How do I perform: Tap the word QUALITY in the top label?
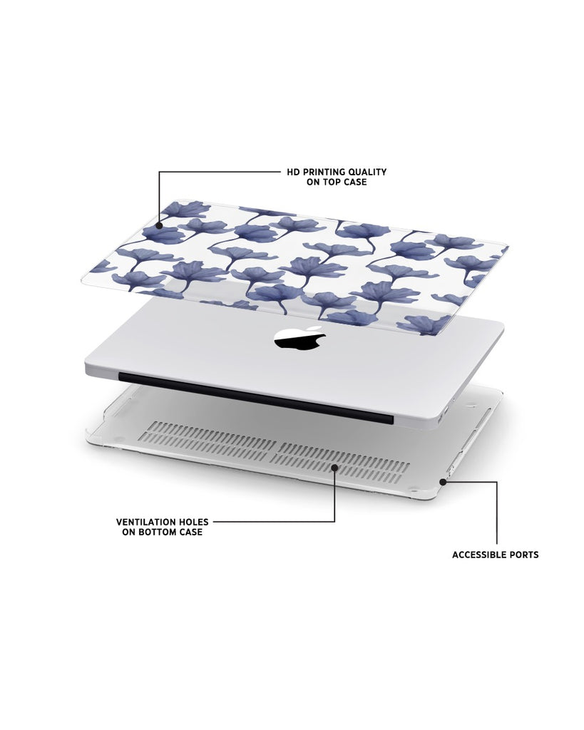point(369,172)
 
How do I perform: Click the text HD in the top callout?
point(293,172)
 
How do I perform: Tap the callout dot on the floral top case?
point(159,226)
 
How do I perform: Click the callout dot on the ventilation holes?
point(334,467)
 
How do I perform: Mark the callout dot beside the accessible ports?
point(443,482)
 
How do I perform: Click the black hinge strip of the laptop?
point(256,397)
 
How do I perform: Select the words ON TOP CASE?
point(337,182)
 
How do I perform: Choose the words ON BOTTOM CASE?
point(163,532)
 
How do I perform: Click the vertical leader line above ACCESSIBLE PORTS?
point(497,513)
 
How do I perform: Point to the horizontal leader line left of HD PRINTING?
point(220,172)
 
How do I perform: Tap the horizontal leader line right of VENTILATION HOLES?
point(274,521)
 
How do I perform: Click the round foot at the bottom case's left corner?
point(118,438)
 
